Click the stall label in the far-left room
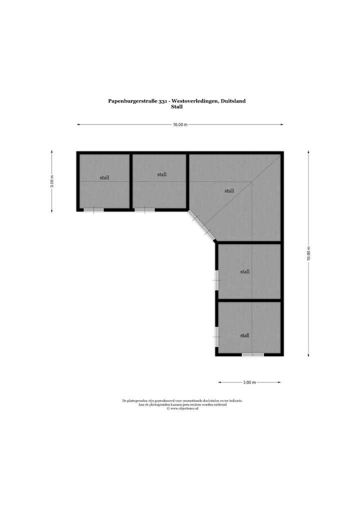tap(104, 177)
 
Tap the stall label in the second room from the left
tap(161, 174)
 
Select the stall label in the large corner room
tap(229, 190)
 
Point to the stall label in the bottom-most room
tap(244, 335)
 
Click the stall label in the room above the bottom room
tap(244, 272)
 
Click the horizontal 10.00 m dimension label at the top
tap(180, 125)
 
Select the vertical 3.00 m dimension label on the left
tap(52, 181)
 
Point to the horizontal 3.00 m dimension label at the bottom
tap(249, 382)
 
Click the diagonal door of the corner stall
tap(201, 225)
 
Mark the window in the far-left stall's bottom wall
tap(93, 210)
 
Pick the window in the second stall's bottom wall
tap(144, 210)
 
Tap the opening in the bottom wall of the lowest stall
tap(253, 354)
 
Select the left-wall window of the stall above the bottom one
tap(216, 280)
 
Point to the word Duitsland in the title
tap(232, 101)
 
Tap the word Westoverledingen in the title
tap(191, 101)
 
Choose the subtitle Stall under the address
tap(176, 106)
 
